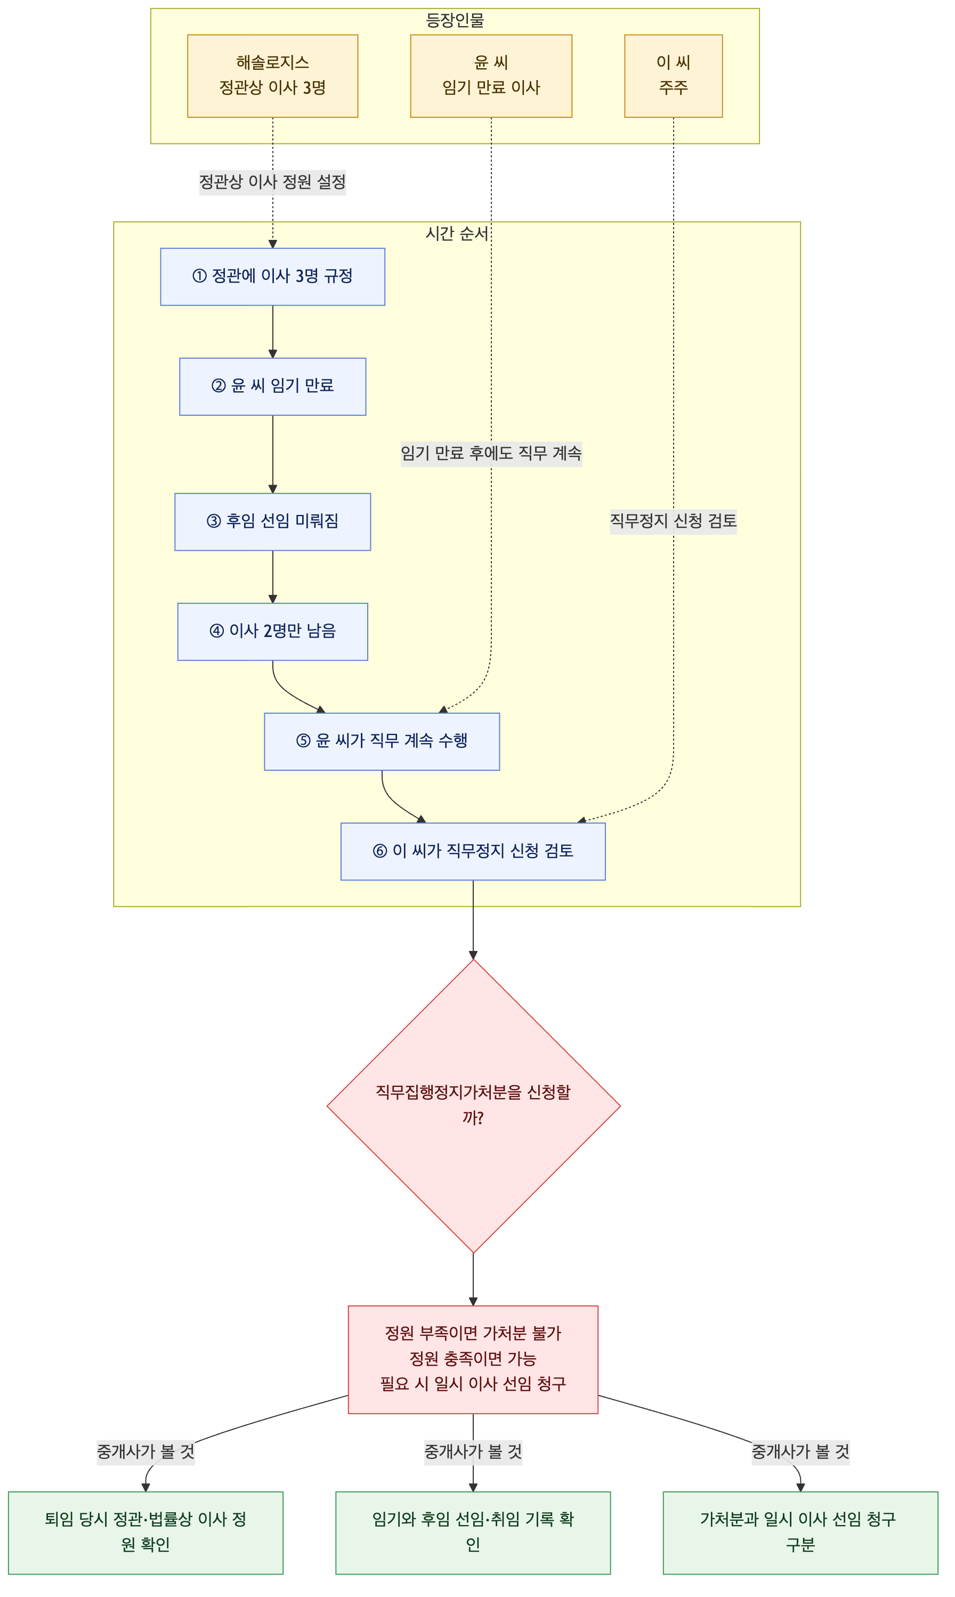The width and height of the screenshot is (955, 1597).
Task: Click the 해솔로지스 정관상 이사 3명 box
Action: [x=272, y=76]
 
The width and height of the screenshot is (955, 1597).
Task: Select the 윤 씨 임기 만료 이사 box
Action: [x=491, y=76]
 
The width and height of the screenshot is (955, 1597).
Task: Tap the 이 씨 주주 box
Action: [x=673, y=76]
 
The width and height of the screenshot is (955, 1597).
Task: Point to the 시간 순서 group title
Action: [x=457, y=233]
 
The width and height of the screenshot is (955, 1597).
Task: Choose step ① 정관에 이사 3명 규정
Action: [x=273, y=277]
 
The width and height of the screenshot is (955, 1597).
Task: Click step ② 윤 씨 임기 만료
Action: [x=273, y=387]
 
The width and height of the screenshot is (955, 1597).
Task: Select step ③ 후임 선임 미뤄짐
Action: [x=273, y=522]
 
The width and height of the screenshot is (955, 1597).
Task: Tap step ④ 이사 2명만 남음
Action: [x=273, y=632]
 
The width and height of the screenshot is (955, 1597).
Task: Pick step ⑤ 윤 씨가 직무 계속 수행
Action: [x=382, y=741]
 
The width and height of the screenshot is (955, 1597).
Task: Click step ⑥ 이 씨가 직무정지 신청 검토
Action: [x=473, y=852]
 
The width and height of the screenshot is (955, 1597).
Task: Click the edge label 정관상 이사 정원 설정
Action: [x=272, y=182]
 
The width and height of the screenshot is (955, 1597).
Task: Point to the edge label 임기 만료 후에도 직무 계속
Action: [x=491, y=454]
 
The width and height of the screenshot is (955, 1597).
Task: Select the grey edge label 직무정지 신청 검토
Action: [x=673, y=521]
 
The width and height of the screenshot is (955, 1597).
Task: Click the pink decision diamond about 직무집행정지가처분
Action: [x=474, y=1106]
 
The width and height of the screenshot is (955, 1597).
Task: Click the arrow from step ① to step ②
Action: [x=273, y=332]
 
